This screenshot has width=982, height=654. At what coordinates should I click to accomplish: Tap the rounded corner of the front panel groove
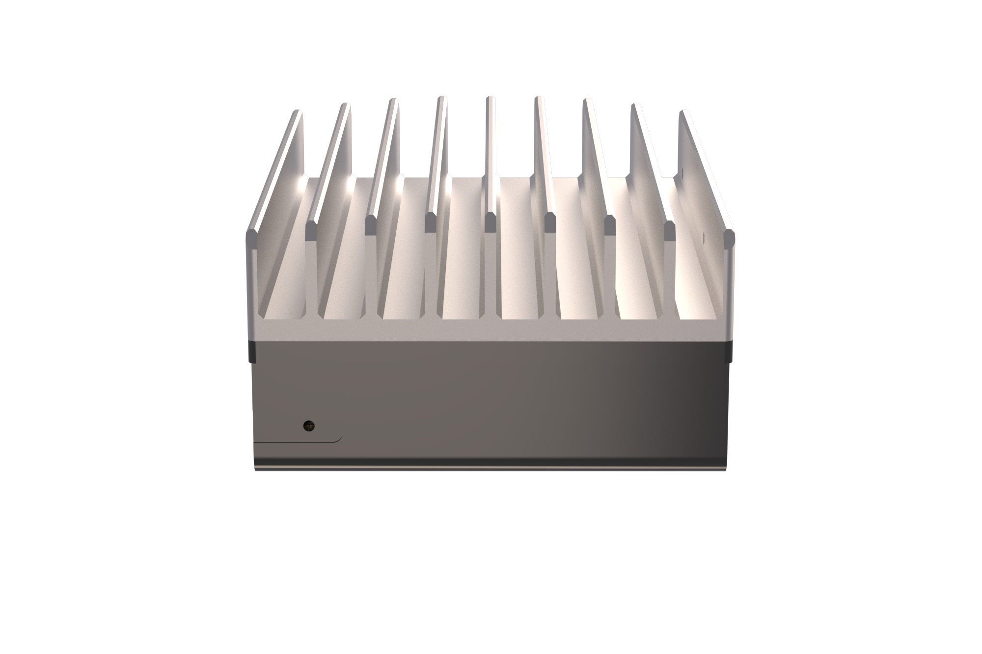[339, 438]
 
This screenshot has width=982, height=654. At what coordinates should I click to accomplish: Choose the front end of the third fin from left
[371, 226]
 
